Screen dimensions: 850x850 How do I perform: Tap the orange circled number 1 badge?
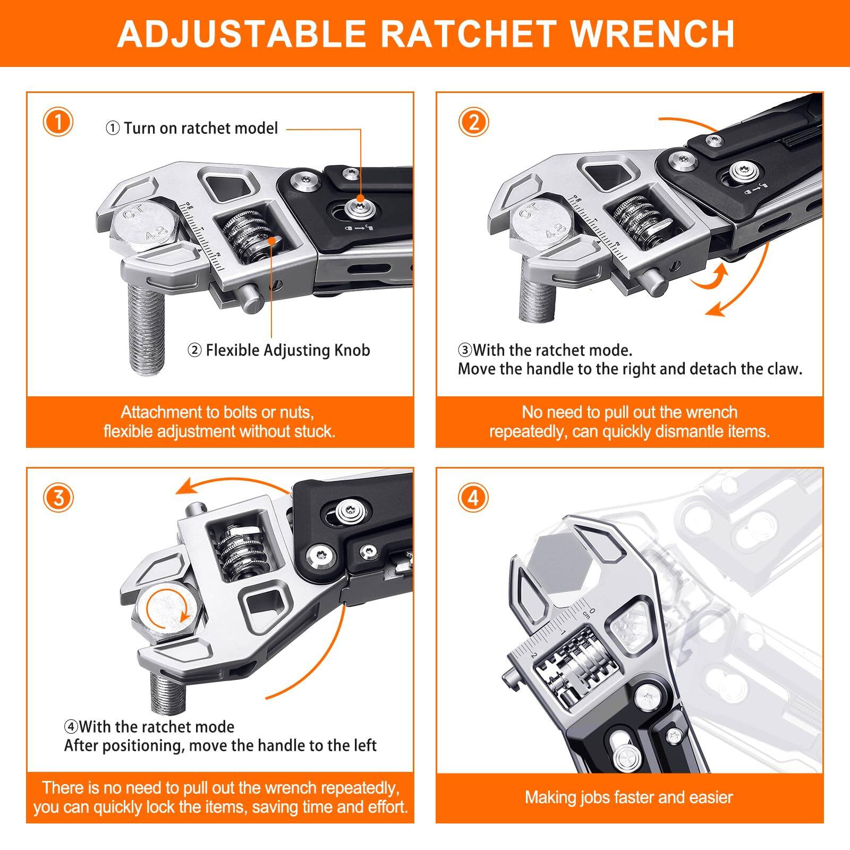tap(57, 122)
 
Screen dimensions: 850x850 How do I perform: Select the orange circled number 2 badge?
tap(473, 122)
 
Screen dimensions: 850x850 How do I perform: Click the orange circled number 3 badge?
tap(57, 498)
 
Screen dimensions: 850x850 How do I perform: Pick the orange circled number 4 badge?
tap(473, 498)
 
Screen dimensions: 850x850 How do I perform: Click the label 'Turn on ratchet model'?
tap(201, 129)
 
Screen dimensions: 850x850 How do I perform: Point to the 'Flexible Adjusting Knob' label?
tap(287, 351)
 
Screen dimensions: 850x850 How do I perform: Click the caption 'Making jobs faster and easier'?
tap(629, 797)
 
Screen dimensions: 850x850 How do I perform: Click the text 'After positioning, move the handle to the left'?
tap(220, 746)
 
